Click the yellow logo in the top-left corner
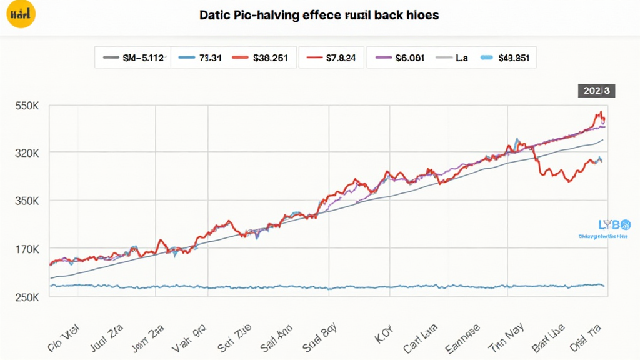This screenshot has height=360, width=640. click(x=21, y=14)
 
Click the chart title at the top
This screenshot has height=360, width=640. click(x=319, y=15)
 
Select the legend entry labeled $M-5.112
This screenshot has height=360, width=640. click(x=133, y=58)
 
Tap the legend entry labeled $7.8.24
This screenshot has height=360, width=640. click(x=331, y=58)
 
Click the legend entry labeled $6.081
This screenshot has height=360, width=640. click(x=400, y=58)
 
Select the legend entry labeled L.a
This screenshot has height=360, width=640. click(x=452, y=58)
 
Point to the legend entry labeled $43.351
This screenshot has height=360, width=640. click(x=506, y=58)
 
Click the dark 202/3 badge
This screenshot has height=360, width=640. click(x=596, y=91)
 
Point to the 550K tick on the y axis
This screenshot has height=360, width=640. click(x=27, y=107)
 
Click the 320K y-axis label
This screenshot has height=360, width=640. click(x=27, y=153)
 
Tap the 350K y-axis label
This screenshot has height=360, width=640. click(x=27, y=201)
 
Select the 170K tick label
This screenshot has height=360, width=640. click(x=27, y=249)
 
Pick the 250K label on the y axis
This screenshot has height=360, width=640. click(x=27, y=297)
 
